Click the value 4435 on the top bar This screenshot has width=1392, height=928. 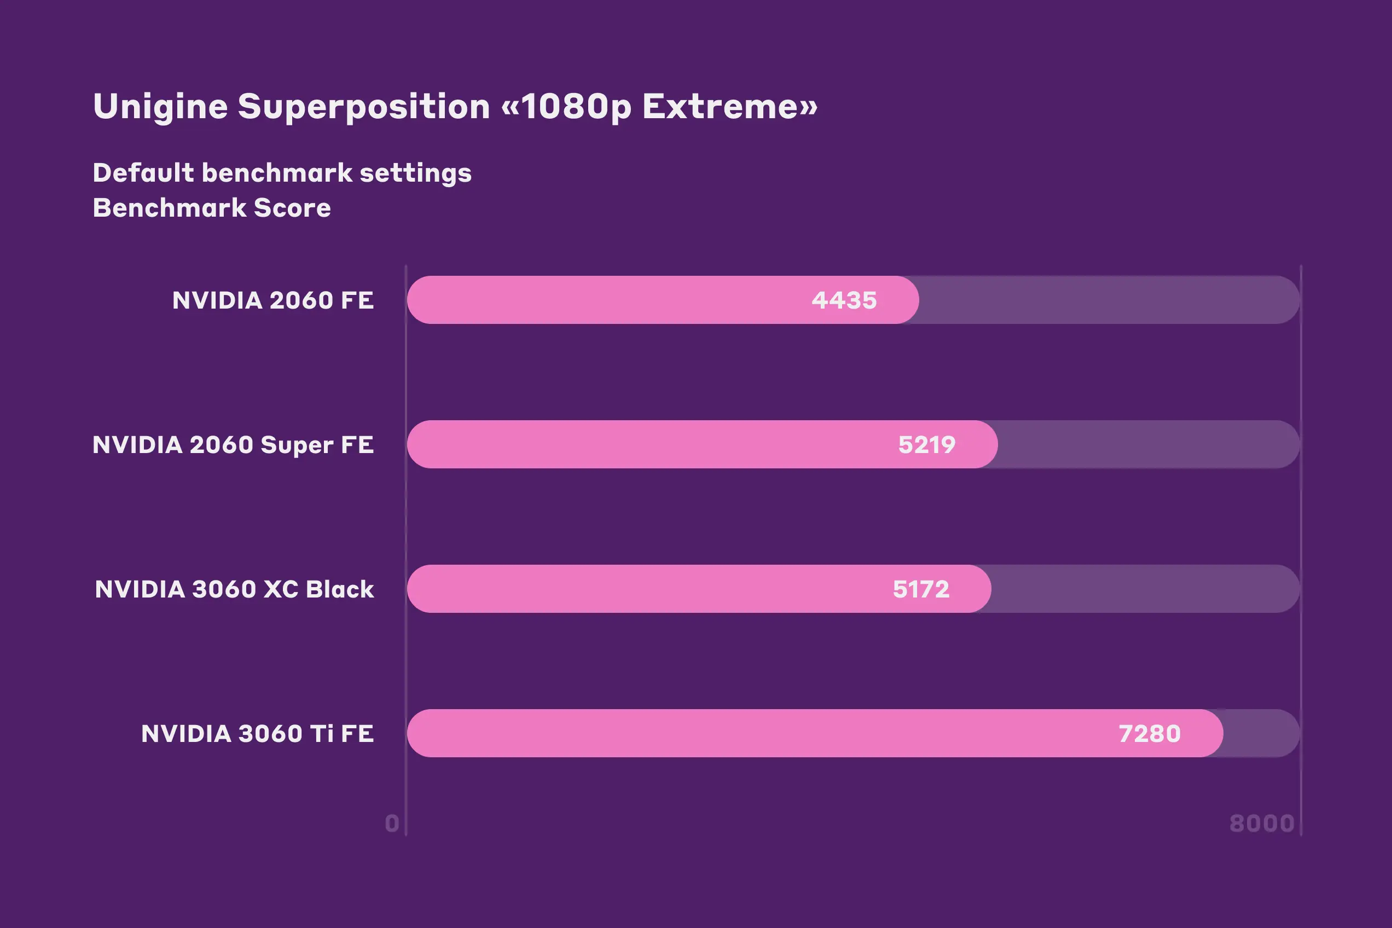pos(844,300)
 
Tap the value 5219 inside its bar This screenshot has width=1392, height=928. pos(927,444)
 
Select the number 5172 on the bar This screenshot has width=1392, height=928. pos(921,589)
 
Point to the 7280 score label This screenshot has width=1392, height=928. pos(1150,733)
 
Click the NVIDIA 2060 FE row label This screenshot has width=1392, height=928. pos(273,300)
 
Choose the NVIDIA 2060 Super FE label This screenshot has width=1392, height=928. pos(233,444)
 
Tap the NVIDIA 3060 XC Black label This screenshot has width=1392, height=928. pos(234,589)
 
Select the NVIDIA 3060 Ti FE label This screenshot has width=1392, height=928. pos(258,733)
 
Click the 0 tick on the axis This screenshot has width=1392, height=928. pos(392,823)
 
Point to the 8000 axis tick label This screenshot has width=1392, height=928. pos(1262,823)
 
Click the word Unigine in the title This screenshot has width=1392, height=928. pos(160,107)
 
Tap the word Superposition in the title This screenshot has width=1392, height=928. pos(364,107)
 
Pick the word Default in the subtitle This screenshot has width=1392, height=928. pos(144,173)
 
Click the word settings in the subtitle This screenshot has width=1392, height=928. pos(415,173)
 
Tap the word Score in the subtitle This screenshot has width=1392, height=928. pos(292,208)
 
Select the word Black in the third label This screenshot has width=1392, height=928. pos(340,589)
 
